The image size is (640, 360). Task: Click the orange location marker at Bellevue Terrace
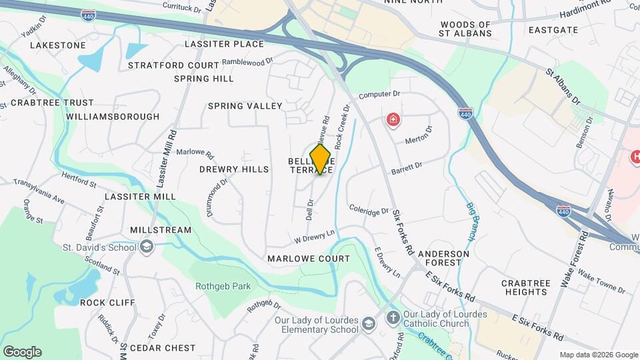[x=321, y=159]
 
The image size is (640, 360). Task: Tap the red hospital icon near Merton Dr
[x=393, y=121]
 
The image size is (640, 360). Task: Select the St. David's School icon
[x=146, y=248]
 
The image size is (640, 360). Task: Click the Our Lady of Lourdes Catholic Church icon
[x=394, y=317]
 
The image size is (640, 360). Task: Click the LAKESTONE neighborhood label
[x=58, y=45]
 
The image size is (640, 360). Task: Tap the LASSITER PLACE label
[x=224, y=44]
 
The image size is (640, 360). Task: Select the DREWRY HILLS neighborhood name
[x=234, y=169]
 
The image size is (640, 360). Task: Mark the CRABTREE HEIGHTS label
[x=525, y=287]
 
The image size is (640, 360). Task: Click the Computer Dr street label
[x=379, y=95]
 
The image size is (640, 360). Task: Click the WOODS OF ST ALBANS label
[x=465, y=29]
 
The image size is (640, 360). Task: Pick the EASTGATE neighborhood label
[x=553, y=30]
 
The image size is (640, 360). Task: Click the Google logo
[x=22, y=352]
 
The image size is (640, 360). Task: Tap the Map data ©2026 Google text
[x=597, y=355]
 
